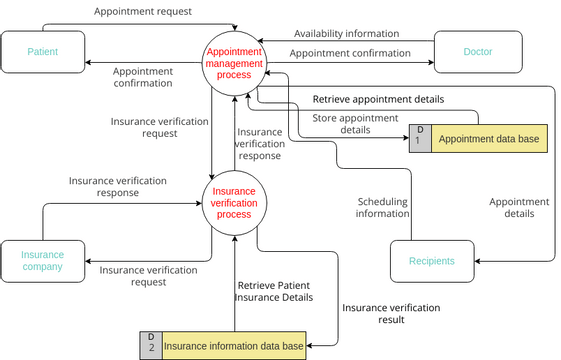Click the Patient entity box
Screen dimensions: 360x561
click(x=43, y=51)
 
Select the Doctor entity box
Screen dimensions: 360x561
click(x=478, y=51)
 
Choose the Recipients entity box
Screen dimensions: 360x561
click(x=431, y=261)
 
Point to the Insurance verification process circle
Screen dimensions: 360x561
click(x=234, y=202)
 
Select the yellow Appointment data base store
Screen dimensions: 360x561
click(x=489, y=138)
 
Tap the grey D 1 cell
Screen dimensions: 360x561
click(x=420, y=138)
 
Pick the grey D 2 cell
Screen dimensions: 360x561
click(x=151, y=346)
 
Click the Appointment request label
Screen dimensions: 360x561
click(x=143, y=12)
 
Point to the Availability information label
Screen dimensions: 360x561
click(x=346, y=33)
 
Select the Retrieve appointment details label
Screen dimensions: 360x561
click(x=378, y=99)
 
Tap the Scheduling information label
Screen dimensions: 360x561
click(x=383, y=207)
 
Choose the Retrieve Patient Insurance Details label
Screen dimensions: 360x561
click(x=275, y=290)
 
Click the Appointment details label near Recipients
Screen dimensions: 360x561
click(x=518, y=207)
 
